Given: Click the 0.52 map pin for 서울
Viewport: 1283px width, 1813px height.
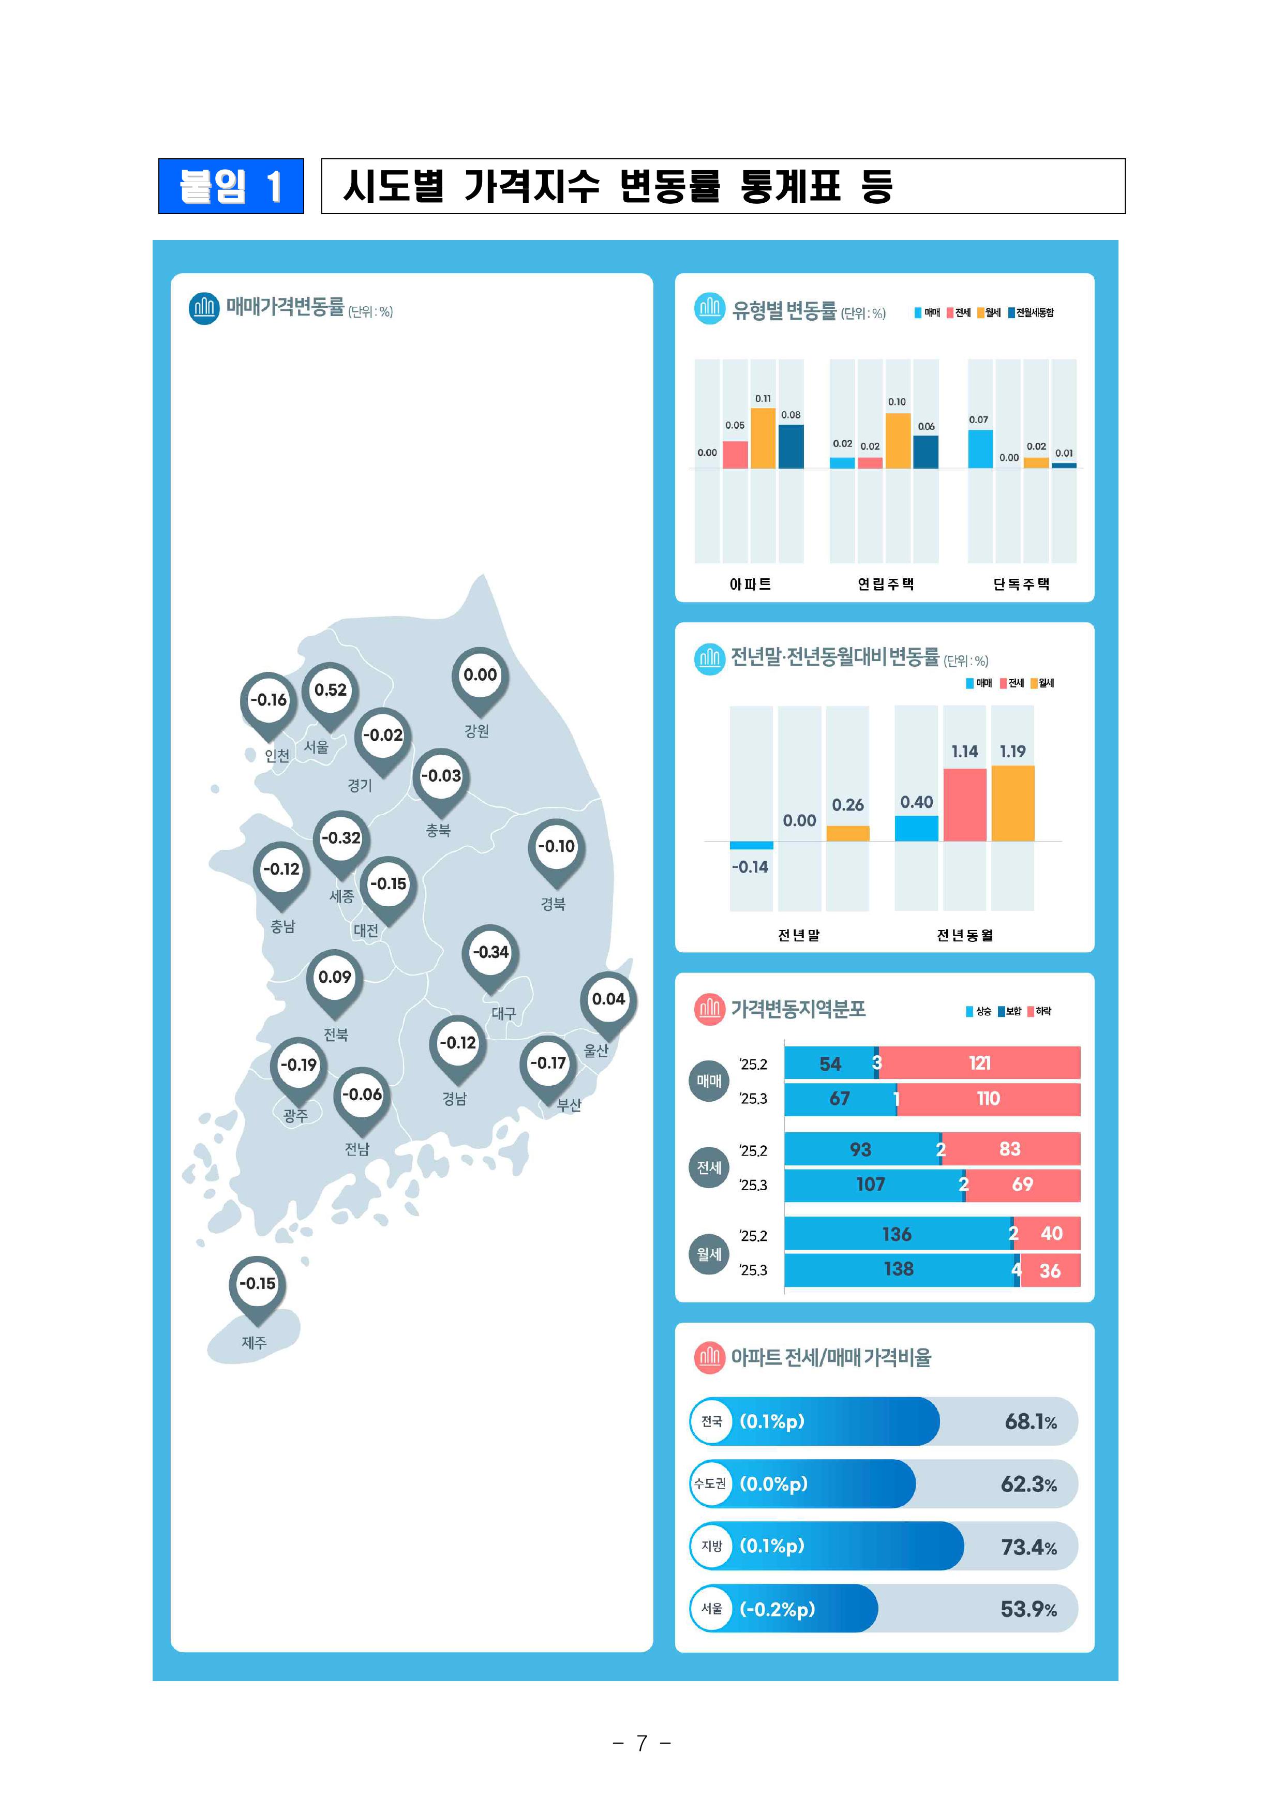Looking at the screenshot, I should coord(330,691).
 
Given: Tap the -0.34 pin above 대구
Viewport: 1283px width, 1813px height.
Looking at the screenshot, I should coord(490,953).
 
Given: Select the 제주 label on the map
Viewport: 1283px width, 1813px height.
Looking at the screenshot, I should coord(253,1342).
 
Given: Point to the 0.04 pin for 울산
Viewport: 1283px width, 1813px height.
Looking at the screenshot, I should coord(608,999).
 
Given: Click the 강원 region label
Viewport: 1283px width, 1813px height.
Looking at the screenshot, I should coord(476,731).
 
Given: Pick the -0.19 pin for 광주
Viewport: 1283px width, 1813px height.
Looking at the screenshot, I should coord(299,1065).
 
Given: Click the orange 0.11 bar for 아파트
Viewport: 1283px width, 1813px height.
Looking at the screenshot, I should coord(763,439).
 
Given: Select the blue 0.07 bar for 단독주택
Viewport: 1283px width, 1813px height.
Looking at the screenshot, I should coord(980,448).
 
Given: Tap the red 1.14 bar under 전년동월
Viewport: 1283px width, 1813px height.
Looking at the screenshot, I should coord(965,804).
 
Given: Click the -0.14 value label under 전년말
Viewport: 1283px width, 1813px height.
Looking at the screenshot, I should coord(750,866).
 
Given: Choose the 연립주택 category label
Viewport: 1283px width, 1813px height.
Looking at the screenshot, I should coord(886,584).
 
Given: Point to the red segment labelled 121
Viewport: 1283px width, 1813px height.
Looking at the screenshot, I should coord(980,1063).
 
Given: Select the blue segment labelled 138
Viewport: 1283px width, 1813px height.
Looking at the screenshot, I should coord(898,1269).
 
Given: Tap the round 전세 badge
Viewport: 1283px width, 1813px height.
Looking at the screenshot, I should coord(709,1167).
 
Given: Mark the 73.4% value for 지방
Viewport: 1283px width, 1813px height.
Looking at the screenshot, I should coord(1028,1547).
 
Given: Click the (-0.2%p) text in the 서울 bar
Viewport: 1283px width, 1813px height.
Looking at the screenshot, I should coord(778,1608).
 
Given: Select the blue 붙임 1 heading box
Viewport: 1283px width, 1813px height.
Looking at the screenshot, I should coord(231,186).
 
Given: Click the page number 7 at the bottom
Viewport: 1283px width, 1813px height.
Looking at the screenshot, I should coord(641,1743).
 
